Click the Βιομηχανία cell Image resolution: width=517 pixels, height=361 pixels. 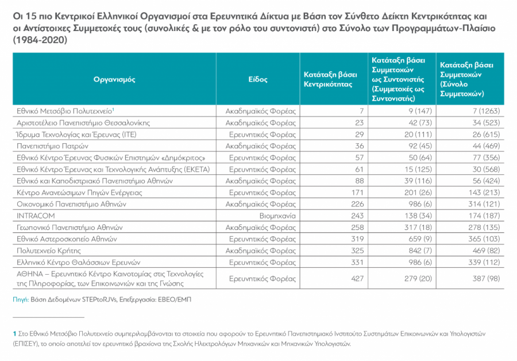(277, 216)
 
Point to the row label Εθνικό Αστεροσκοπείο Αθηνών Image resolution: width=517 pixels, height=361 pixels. (68, 239)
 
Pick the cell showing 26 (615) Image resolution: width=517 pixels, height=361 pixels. (483, 133)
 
